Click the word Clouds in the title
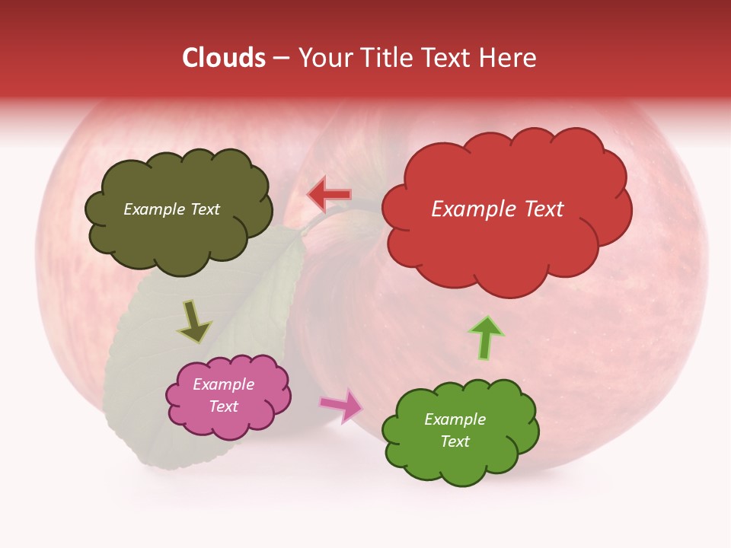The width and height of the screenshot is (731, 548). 224,58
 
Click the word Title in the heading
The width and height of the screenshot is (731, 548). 385,58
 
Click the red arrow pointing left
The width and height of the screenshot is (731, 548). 329,196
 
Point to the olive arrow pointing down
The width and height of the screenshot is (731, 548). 194,321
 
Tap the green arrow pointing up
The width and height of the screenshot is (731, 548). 486,336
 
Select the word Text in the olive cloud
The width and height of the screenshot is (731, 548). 205,209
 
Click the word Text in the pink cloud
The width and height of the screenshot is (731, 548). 224,406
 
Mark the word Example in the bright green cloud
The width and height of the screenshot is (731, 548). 455,419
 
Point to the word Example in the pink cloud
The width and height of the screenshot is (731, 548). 224,384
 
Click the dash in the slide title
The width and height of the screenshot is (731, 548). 281,58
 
